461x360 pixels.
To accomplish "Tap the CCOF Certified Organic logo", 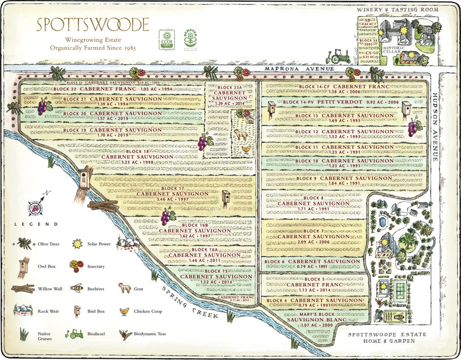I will click(x=166, y=39).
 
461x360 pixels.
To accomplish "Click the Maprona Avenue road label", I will click(x=299, y=69).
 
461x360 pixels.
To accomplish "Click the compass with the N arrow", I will click(x=35, y=205).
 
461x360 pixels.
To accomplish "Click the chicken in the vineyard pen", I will click(x=246, y=149).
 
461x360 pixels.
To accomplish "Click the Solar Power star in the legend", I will click(x=77, y=244).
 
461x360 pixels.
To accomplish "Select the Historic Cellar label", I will click(x=393, y=49).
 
